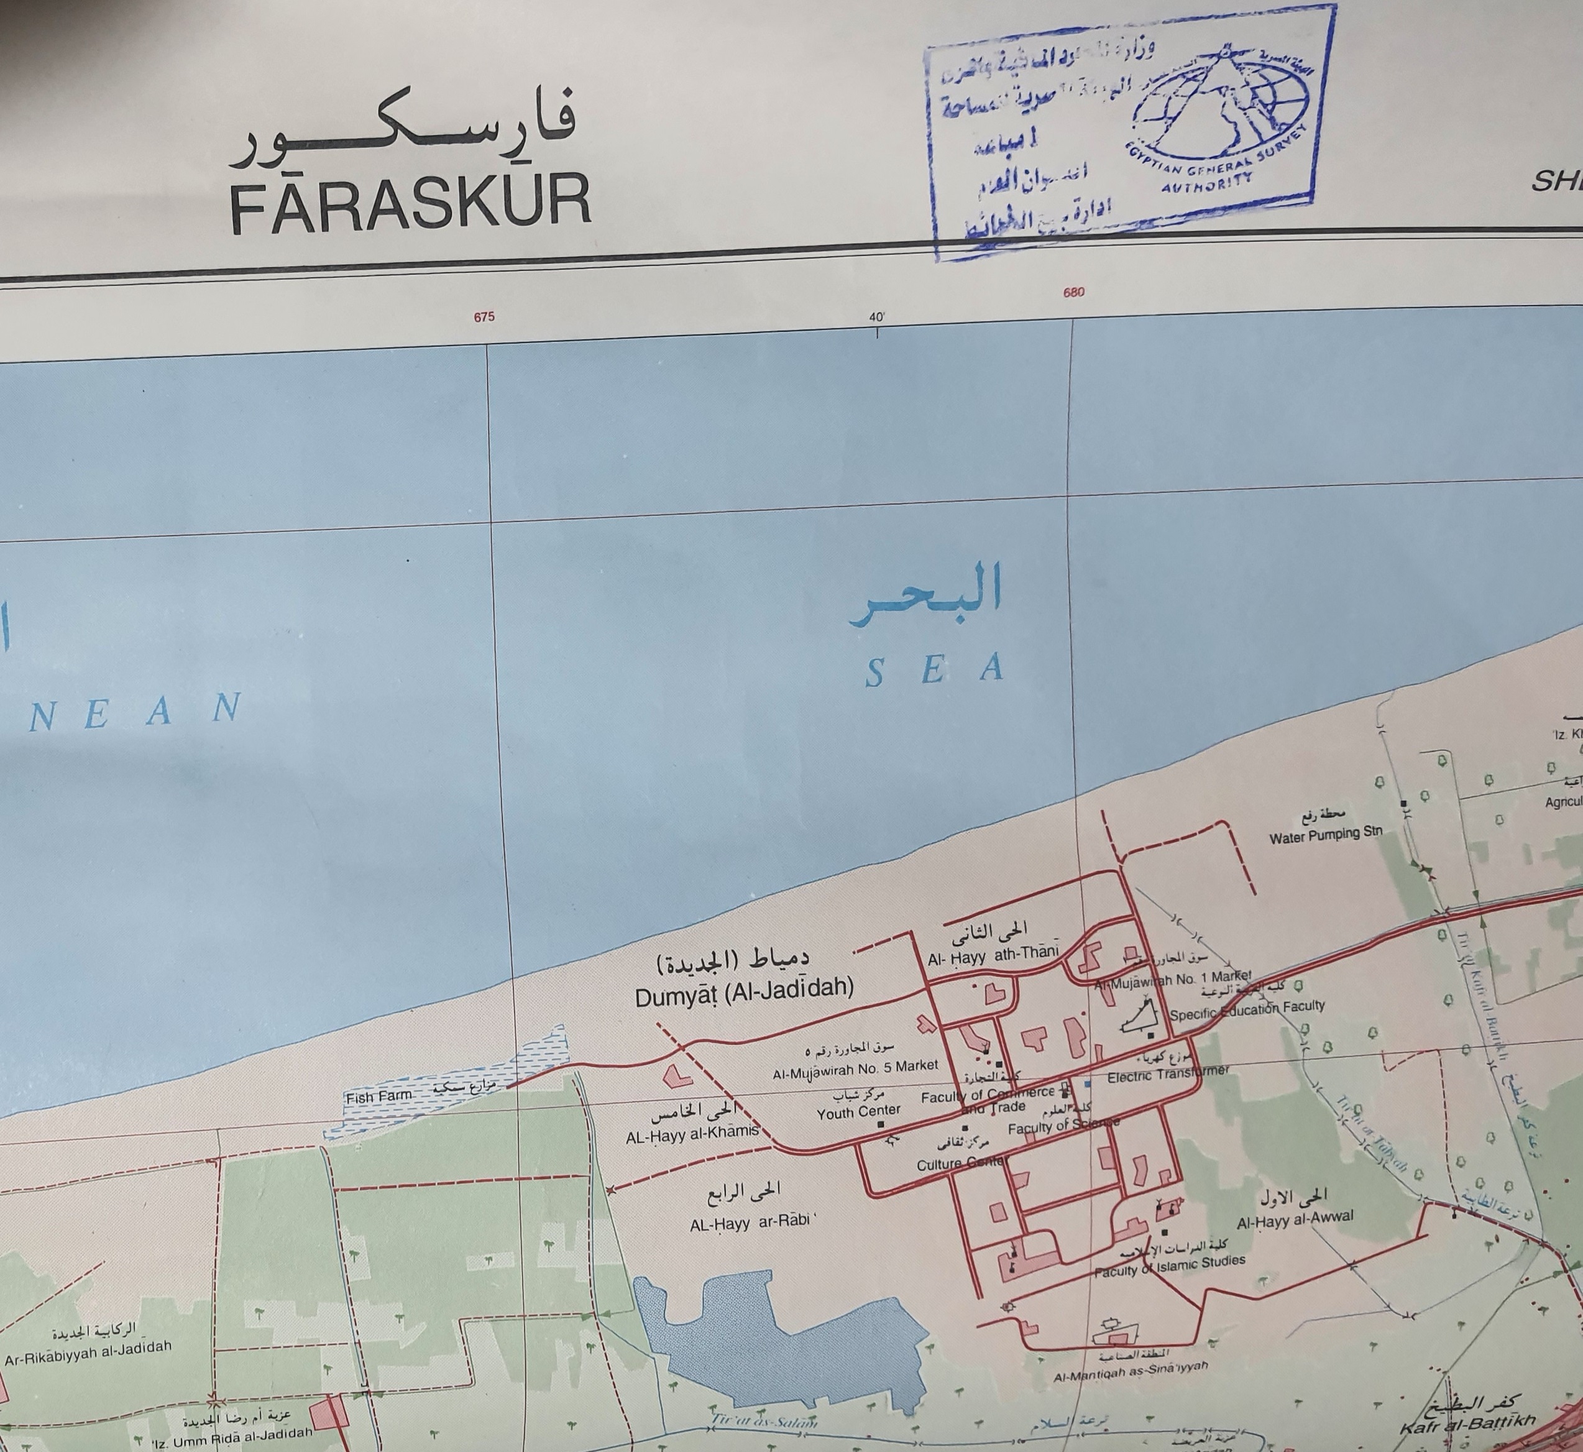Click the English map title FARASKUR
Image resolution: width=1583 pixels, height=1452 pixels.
point(410,205)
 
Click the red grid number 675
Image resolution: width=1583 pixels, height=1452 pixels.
point(484,318)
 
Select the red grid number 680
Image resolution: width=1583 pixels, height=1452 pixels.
point(1073,292)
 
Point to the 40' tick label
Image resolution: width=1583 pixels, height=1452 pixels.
point(877,318)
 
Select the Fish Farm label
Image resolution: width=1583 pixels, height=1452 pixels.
point(379,1097)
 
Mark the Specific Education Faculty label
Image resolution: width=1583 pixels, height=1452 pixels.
point(1247,1009)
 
